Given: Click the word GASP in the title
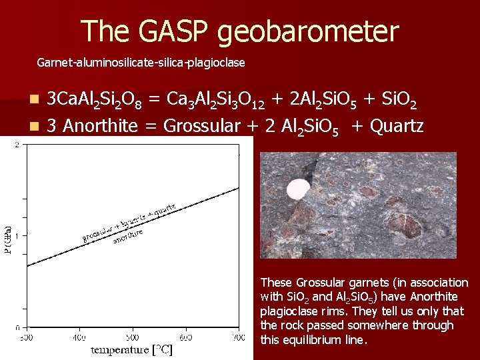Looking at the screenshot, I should [x=174, y=31].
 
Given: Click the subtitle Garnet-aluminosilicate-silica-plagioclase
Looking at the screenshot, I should [x=141, y=63].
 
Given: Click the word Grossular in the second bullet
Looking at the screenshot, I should [x=204, y=125].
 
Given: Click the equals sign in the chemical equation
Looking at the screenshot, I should [x=154, y=99].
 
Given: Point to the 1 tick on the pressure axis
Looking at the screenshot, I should [x=17, y=235].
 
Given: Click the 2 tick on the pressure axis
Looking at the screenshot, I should [x=17, y=145].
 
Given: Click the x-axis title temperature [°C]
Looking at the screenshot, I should [x=131, y=349].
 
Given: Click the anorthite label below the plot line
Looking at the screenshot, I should [x=127, y=235].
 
